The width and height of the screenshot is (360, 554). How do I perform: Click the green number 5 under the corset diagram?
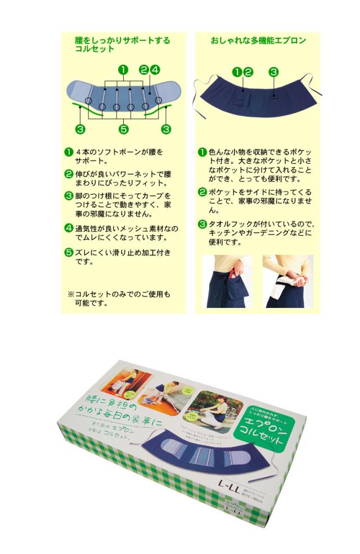click(x=124, y=129)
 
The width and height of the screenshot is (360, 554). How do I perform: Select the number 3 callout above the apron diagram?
click(x=273, y=72)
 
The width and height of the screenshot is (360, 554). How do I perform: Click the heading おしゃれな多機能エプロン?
click(x=258, y=41)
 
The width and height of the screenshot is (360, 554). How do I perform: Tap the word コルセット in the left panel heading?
click(x=94, y=49)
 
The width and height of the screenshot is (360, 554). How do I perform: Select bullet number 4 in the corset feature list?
click(x=69, y=228)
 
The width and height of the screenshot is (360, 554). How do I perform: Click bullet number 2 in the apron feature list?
click(x=202, y=192)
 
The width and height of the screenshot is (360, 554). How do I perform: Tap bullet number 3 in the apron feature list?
click(x=202, y=225)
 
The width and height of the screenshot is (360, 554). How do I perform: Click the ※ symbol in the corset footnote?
click(x=71, y=294)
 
